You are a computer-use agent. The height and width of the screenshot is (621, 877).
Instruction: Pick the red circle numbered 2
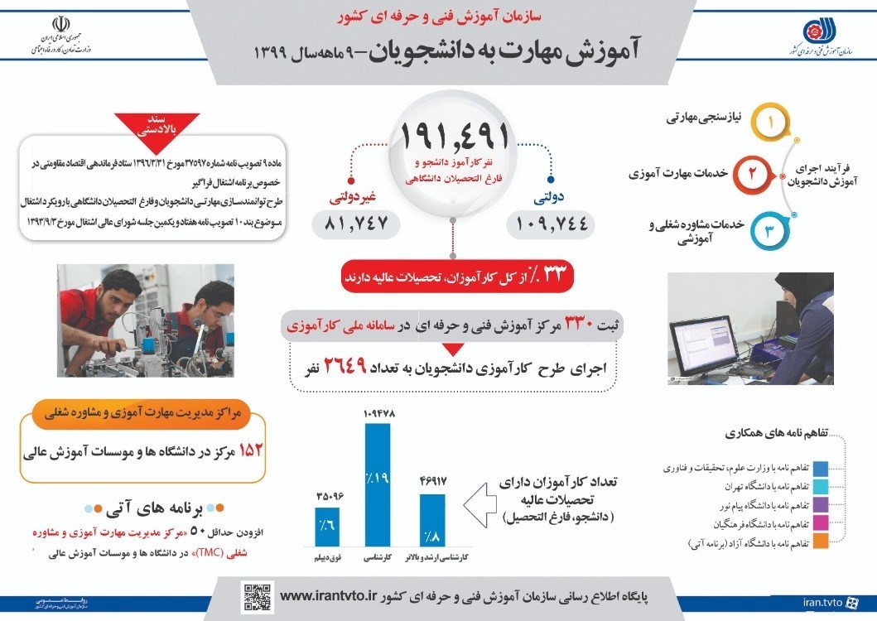point(752,175)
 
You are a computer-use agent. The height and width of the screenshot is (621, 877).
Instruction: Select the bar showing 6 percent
point(327,527)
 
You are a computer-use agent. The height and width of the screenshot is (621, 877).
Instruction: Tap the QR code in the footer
point(257,596)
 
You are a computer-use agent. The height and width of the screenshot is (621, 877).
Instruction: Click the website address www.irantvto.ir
point(329,596)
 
